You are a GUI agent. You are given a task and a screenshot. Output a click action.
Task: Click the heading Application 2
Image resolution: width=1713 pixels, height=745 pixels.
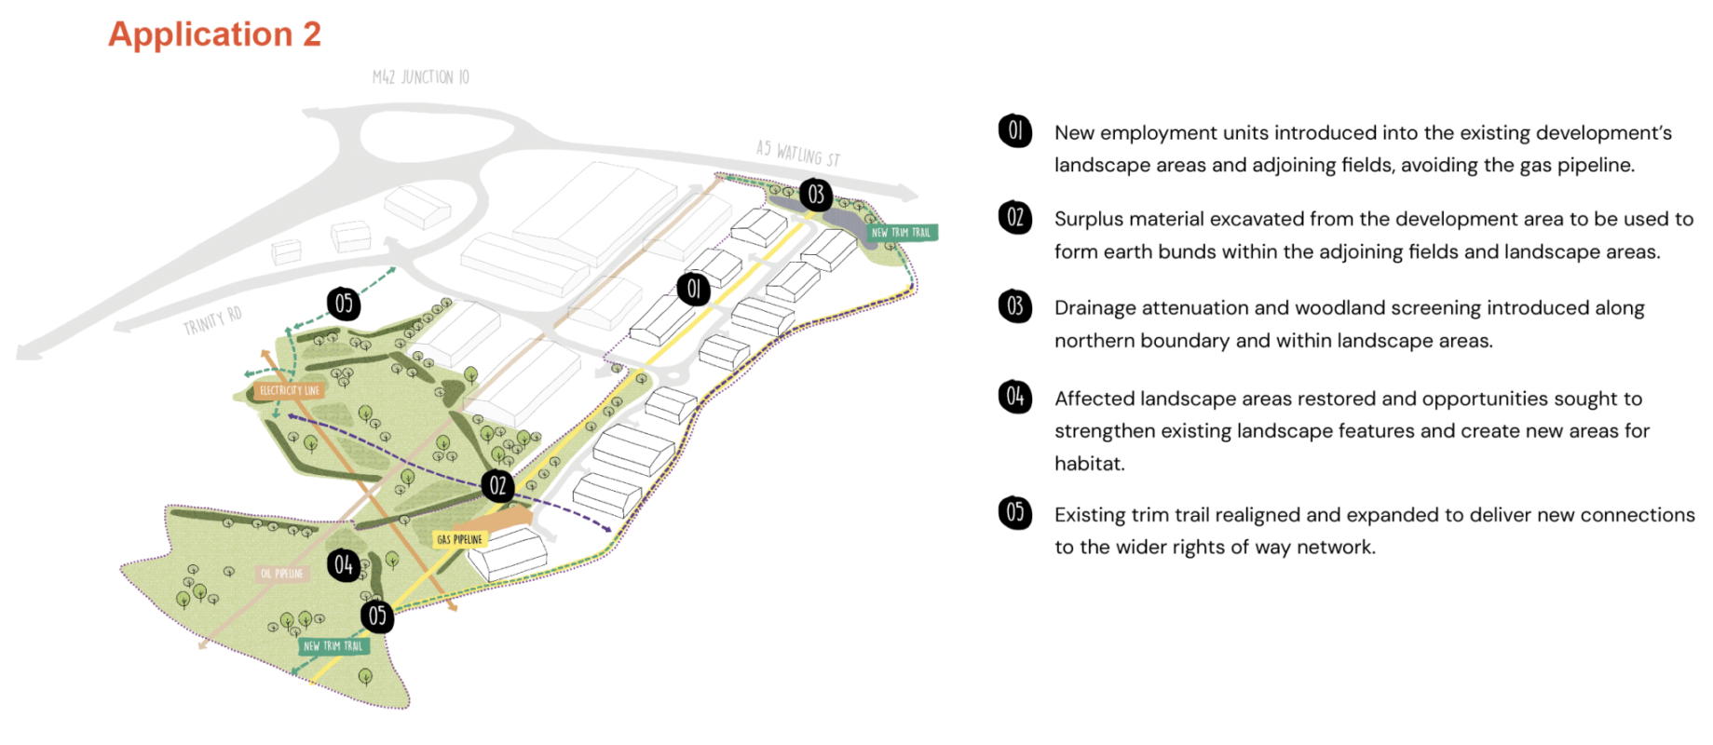214,34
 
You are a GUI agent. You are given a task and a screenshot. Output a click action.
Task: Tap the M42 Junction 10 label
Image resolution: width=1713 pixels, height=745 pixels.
421,77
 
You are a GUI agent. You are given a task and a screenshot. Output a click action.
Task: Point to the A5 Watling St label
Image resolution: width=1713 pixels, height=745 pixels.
797,153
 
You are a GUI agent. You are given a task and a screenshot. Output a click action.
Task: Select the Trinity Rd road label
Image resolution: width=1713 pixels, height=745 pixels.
212,320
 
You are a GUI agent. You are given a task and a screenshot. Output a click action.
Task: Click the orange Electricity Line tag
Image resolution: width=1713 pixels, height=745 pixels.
289,390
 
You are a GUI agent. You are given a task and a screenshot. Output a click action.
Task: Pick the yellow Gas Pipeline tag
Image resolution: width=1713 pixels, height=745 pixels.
460,539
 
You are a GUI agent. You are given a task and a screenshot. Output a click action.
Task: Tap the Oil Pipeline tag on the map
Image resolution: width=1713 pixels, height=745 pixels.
281,574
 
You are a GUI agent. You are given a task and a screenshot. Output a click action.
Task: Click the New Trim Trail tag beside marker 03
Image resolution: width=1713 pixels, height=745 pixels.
901,232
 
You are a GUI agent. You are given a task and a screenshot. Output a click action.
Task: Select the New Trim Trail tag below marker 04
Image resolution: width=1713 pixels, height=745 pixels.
333,645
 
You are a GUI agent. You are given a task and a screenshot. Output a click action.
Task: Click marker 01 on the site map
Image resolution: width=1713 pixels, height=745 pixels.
693,289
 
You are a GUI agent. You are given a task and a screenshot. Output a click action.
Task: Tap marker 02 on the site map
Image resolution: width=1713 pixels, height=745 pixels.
498,485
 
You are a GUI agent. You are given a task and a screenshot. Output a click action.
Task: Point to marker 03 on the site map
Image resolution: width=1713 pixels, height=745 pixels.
816,194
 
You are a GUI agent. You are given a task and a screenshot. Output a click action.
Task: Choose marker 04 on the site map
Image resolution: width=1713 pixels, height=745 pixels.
344,564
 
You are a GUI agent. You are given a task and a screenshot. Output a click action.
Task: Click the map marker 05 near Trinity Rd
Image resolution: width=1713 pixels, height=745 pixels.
344,304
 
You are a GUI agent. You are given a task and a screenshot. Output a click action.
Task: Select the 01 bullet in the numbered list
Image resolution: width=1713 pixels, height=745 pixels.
1014,130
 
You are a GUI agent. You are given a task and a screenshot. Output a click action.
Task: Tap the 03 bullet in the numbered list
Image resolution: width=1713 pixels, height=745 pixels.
1014,305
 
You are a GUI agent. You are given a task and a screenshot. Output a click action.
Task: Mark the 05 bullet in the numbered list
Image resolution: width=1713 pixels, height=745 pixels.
1014,512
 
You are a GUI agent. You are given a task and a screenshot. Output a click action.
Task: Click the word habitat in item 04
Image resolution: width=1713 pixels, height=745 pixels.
1089,464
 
